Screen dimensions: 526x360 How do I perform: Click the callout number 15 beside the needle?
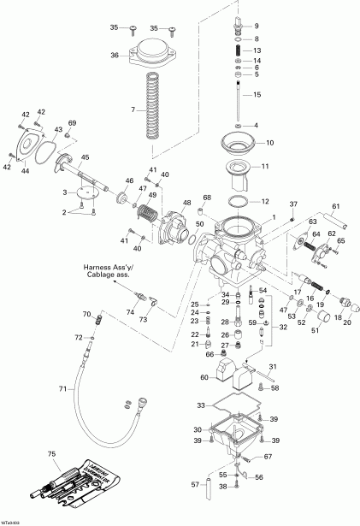pyautogui.click(x=257, y=94)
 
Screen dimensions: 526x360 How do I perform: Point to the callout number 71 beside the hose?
pyautogui.click(x=61, y=389)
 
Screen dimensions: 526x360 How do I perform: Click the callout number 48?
pyautogui.click(x=186, y=202)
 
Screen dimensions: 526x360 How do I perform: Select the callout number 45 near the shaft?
pyautogui.click(x=85, y=157)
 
